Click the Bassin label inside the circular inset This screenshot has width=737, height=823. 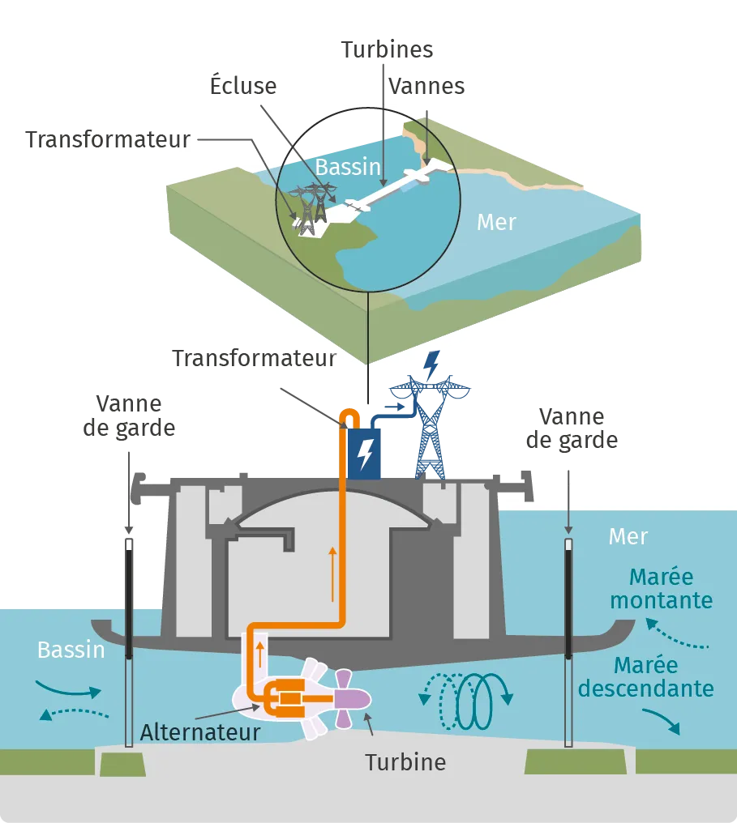tap(348, 167)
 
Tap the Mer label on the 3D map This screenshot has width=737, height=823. tap(496, 222)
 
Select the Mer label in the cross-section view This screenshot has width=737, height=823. tap(628, 536)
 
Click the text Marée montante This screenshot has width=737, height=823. tap(662, 590)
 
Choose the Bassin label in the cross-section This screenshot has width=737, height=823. tap(71, 650)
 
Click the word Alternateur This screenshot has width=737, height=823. tap(200, 732)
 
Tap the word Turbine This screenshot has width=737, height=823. tap(405, 762)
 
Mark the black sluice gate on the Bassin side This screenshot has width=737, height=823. tap(129, 599)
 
